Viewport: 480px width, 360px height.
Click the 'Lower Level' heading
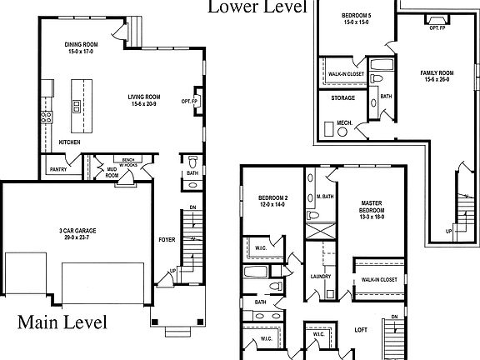click(x=257, y=7)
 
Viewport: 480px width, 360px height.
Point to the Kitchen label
click(x=70, y=142)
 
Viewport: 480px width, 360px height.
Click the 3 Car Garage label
click(x=77, y=232)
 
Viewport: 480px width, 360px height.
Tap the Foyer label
click(x=167, y=240)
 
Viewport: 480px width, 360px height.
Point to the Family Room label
click(x=436, y=76)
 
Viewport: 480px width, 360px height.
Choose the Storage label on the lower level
click(x=343, y=97)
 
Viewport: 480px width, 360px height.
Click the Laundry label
click(x=321, y=276)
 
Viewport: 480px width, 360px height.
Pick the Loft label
click(x=360, y=329)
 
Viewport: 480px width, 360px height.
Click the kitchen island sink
click(x=77, y=106)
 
